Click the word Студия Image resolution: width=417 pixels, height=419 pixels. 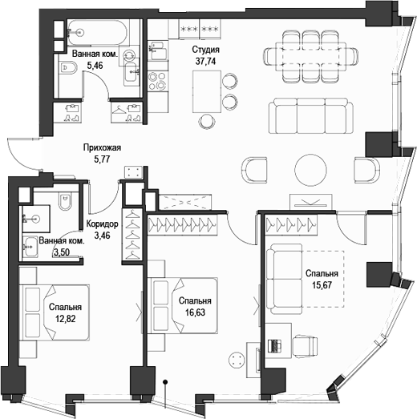coord(206,49)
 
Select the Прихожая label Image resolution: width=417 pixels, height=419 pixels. coord(102,147)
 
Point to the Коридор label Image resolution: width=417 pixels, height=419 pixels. coord(102,225)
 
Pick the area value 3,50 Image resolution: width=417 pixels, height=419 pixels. coord(61,252)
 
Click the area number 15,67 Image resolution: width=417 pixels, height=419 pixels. coord(321,284)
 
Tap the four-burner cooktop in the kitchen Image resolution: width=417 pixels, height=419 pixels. coord(157,83)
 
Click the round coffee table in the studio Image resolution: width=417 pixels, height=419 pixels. coord(310,169)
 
